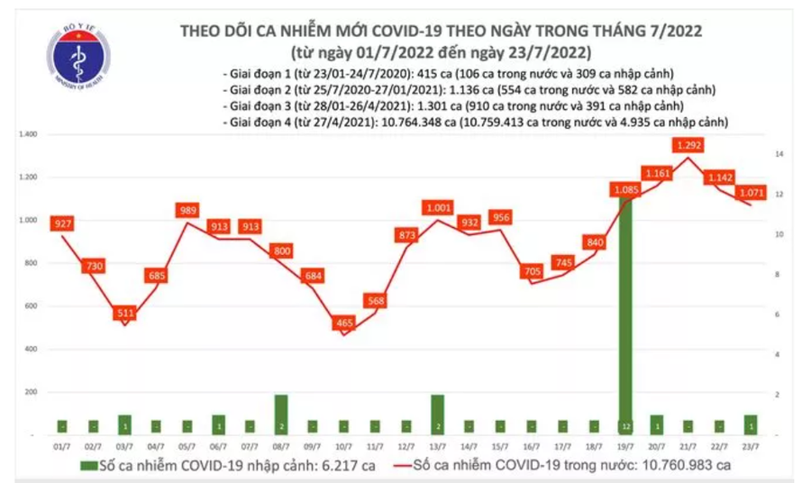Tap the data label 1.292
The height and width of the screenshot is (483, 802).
(688, 144)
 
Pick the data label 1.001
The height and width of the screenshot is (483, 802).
(436, 207)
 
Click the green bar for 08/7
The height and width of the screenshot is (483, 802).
(280, 414)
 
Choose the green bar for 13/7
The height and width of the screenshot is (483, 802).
(436, 414)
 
